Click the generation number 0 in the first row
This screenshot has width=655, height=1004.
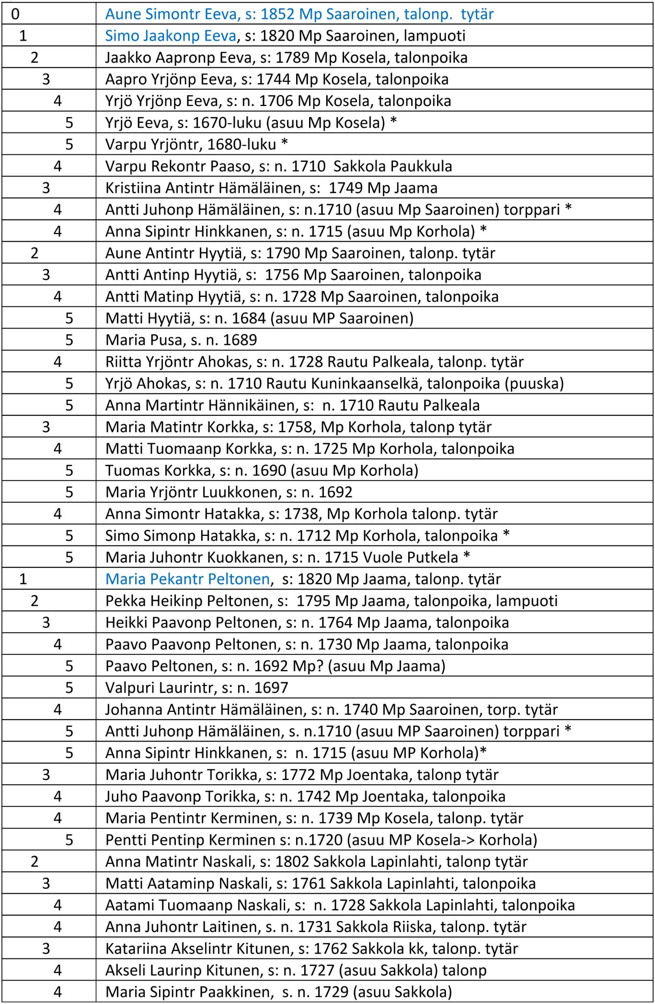pyautogui.click(x=15, y=14)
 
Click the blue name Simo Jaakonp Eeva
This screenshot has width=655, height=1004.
pyautogui.click(x=171, y=36)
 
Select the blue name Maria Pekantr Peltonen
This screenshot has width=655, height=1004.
pyautogui.click(x=187, y=579)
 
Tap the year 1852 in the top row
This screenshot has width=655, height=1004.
pyautogui.click(x=278, y=14)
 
